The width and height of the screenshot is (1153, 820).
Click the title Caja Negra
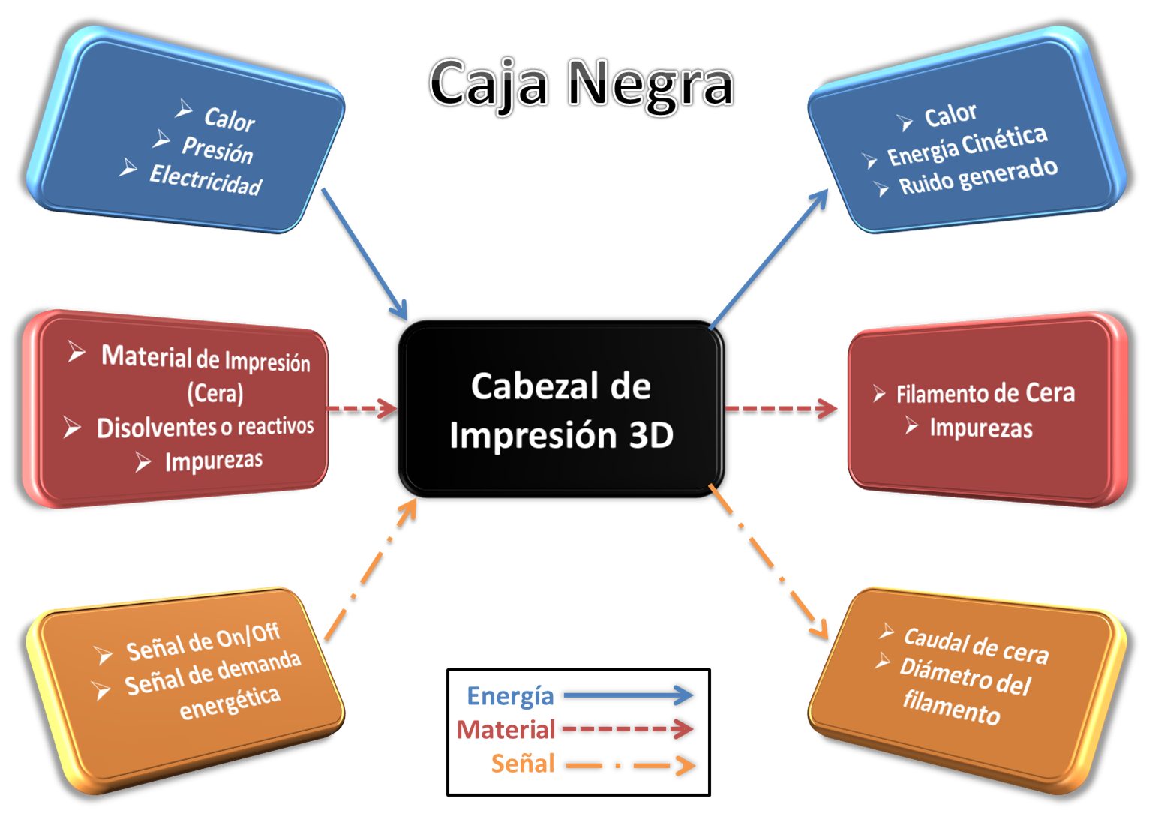tap(581, 83)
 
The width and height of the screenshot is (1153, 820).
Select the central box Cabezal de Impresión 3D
tap(561, 410)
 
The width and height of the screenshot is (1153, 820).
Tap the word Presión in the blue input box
tap(218, 149)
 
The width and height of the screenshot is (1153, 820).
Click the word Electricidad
tap(206, 180)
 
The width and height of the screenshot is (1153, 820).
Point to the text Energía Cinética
tap(967, 146)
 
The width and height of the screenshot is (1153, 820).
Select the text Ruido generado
tap(978, 177)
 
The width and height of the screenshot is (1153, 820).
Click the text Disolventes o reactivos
tap(205, 427)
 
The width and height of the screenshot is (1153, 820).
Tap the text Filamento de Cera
tap(985, 393)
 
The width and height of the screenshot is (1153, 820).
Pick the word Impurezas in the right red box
tap(980, 428)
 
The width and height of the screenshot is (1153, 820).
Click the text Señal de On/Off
tap(203, 642)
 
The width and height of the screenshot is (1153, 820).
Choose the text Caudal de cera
tap(976, 646)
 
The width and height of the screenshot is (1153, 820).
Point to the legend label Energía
tap(510, 695)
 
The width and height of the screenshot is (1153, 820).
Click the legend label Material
tap(506, 728)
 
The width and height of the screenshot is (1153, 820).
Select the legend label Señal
tap(522, 764)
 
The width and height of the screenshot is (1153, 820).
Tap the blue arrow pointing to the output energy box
tap(769, 260)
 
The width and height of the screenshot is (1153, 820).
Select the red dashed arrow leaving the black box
tap(780, 409)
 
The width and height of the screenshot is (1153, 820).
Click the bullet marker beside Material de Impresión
tap(76, 352)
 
